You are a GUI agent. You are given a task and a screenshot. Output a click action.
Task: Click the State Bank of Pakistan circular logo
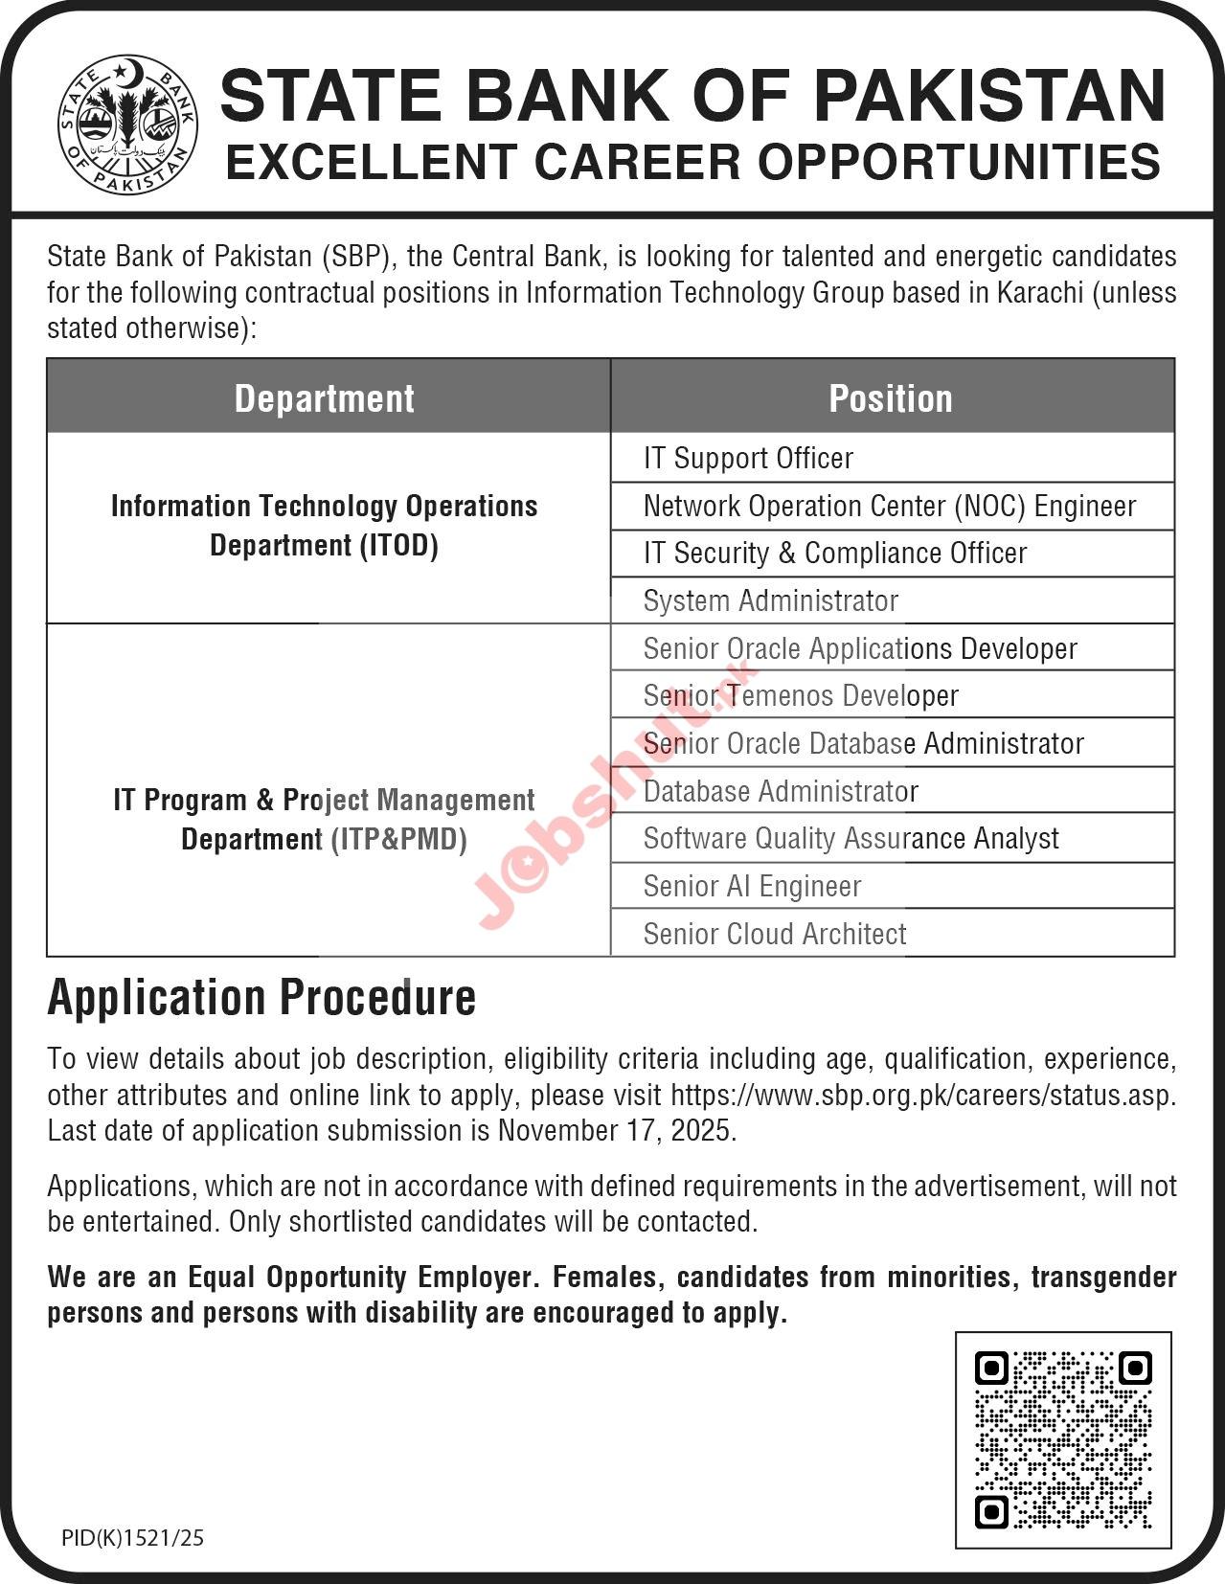tap(127, 124)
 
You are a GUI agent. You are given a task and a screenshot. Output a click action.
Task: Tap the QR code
tap(1063, 1438)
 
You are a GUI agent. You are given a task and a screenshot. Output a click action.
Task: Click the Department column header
tap(325, 398)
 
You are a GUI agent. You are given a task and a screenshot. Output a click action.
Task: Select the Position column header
tap(891, 398)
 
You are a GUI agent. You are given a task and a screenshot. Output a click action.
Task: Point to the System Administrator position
tap(770, 601)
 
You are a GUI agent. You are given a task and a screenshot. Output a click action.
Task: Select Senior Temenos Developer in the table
tap(800, 696)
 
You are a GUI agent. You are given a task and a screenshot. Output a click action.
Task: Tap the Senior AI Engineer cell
tap(752, 887)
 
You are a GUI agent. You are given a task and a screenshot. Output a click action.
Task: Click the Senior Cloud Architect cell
tap(774, 934)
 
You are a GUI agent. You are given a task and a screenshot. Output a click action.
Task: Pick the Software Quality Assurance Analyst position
tap(851, 839)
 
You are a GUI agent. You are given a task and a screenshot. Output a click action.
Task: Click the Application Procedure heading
tap(261, 998)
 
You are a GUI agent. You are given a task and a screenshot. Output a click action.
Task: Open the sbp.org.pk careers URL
tap(921, 1096)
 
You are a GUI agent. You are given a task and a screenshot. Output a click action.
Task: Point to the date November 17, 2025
tap(615, 1131)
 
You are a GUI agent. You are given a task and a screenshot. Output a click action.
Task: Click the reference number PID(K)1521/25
tap(132, 1538)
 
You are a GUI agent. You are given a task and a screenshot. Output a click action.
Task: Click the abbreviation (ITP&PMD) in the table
tap(398, 840)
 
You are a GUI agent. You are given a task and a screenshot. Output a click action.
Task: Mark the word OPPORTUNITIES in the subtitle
tap(959, 162)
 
